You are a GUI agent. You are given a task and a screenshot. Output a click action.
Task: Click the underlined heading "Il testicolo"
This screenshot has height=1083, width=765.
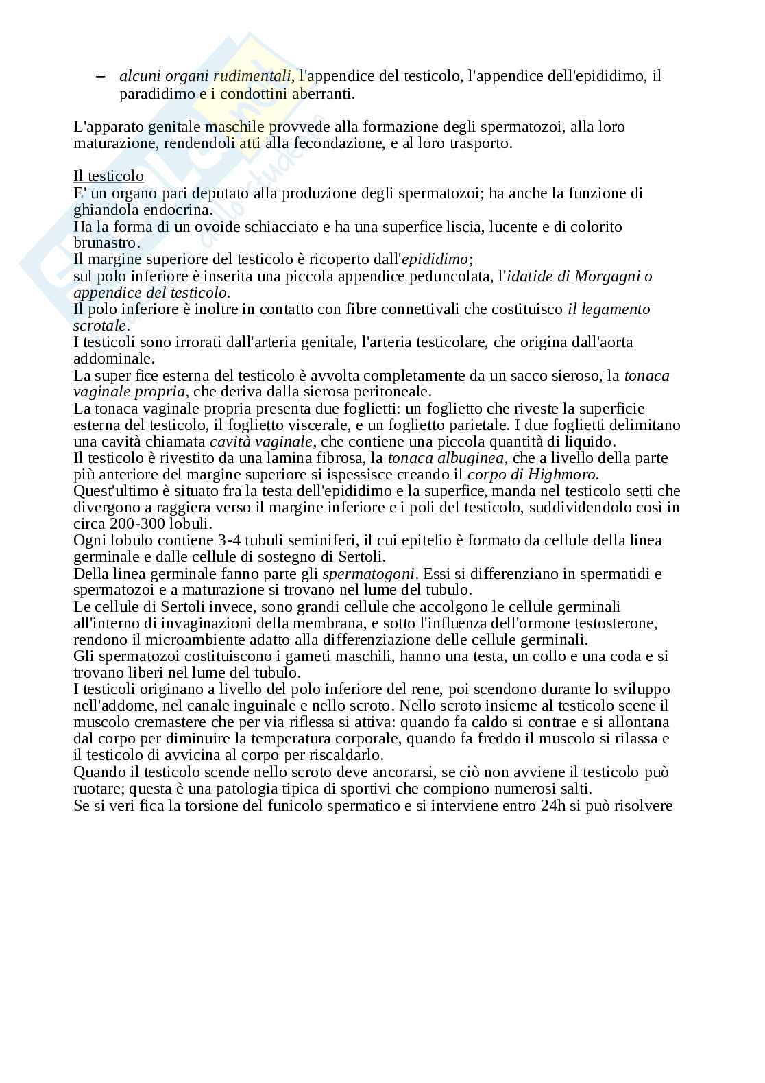point(108,177)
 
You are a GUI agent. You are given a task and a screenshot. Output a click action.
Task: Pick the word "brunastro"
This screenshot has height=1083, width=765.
point(106,243)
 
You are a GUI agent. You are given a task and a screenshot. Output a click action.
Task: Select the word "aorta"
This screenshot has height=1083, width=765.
point(616,342)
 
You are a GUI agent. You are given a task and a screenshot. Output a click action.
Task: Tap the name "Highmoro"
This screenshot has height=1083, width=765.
point(563,475)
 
